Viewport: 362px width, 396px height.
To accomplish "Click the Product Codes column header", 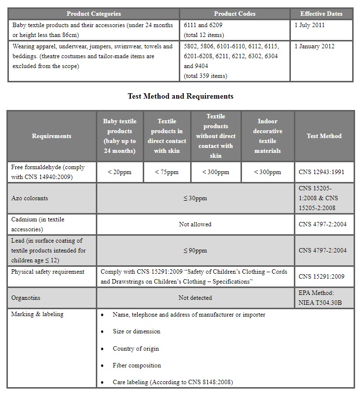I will [x=235, y=14].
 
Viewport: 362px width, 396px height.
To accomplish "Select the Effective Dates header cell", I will [x=321, y=14].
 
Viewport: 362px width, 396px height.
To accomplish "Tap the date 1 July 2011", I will [x=309, y=25].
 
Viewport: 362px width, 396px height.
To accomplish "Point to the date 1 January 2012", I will [x=314, y=46].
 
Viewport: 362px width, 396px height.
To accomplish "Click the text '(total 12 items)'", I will [x=203, y=35].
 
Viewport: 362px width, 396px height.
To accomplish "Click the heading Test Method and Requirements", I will [x=180, y=96].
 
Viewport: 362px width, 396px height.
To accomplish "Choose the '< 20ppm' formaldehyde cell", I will [x=120, y=172].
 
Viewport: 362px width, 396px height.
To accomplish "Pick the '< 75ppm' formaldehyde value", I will [x=166, y=172].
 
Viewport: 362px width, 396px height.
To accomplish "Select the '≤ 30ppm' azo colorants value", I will [x=195, y=198].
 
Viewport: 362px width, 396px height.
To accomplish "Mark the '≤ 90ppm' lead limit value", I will [x=195, y=251].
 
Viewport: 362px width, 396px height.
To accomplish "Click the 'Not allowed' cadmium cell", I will [x=195, y=224].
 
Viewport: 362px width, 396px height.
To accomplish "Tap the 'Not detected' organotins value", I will [x=195, y=298].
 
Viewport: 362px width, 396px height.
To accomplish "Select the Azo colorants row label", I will [x=30, y=198].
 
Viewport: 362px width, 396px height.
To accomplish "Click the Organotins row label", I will [x=27, y=298].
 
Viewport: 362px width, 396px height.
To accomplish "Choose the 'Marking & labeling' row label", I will [x=37, y=314].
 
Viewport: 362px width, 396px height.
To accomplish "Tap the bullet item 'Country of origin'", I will [x=136, y=349].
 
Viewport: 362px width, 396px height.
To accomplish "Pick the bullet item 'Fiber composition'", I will [x=137, y=365].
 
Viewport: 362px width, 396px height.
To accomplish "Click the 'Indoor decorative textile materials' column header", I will [x=268, y=136].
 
